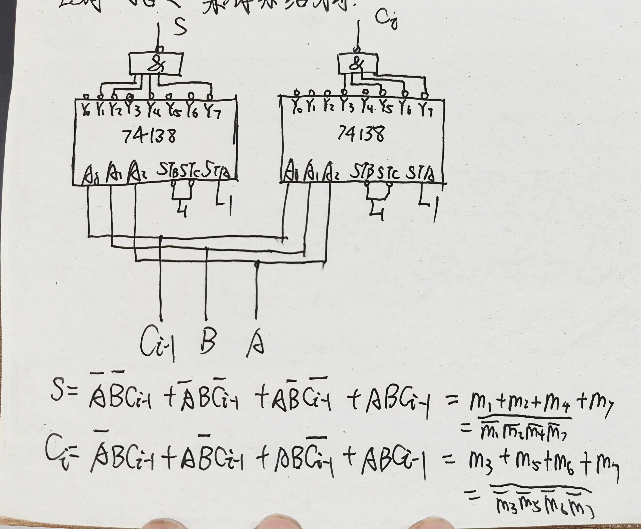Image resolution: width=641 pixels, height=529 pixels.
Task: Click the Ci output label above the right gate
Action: click(386, 20)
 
